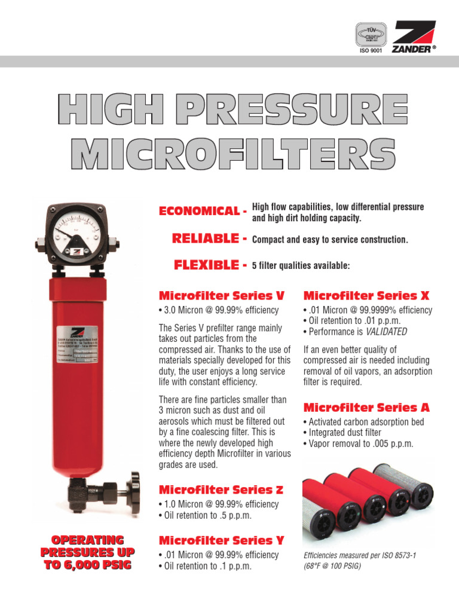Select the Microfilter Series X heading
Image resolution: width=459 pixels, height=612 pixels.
(366, 296)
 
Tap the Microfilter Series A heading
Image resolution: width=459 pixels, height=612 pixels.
(366, 408)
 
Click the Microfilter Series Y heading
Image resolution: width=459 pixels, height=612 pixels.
(221, 541)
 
